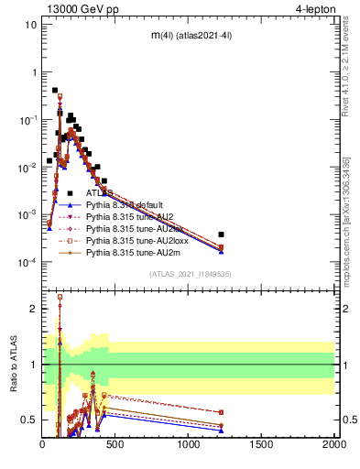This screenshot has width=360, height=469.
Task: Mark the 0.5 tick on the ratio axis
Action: (30, 420)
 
